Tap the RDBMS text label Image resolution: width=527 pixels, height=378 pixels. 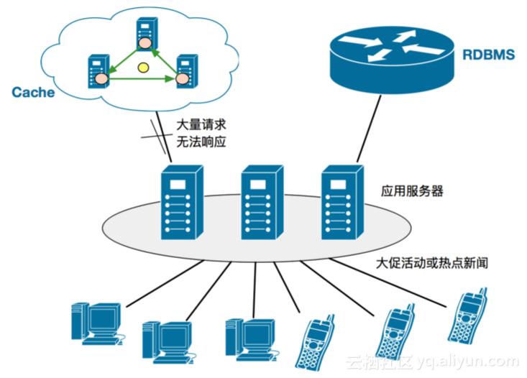[x=488, y=54]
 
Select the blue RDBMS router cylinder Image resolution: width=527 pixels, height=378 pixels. [x=393, y=57]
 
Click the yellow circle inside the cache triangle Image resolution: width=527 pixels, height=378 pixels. [x=142, y=69]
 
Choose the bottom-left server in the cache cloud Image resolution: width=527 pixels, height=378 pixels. [x=98, y=70]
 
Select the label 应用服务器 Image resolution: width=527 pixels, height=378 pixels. [x=412, y=192]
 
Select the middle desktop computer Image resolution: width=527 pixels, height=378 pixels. [x=167, y=338]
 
